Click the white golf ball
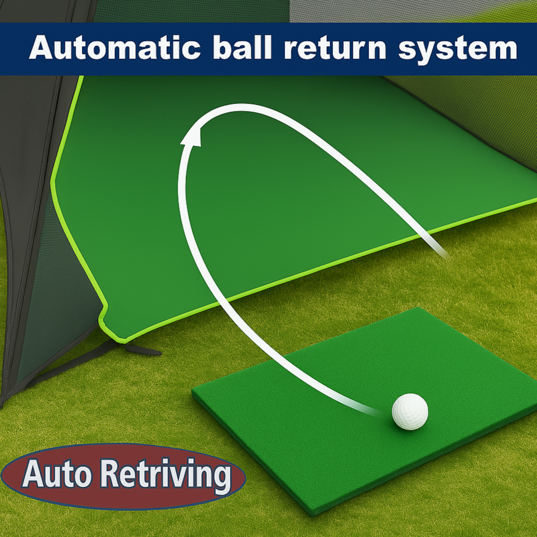(410, 411)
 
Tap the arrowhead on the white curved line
(193, 137)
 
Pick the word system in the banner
(457, 50)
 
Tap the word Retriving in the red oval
(168, 475)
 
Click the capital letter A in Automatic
(41, 48)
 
